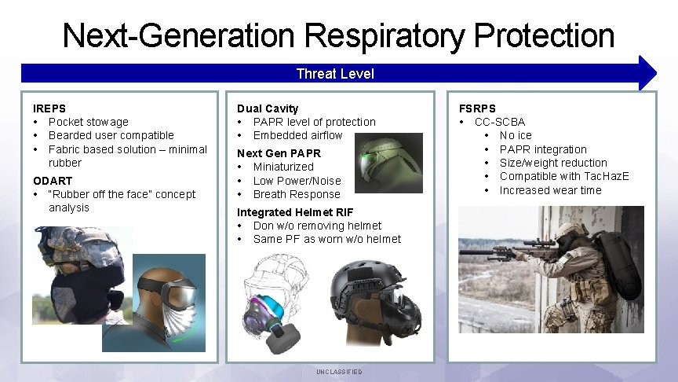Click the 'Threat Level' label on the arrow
click(x=335, y=74)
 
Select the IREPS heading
click(x=49, y=108)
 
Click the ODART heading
click(x=53, y=181)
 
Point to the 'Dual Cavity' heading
click(x=268, y=108)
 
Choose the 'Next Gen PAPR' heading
click(x=279, y=153)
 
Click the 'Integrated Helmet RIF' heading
click(x=295, y=212)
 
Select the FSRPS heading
click(x=477, y=108)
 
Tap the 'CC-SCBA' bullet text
click(x=500, y=122)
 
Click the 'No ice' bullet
click(x=516, y=135)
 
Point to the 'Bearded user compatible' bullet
click(x=111, y=135)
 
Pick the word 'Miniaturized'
click(x=283, y=167)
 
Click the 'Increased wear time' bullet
click(x=550, y=190)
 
